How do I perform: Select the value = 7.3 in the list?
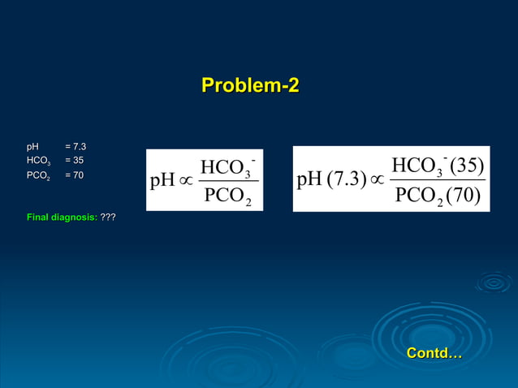coord(76,147)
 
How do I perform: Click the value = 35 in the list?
coord(74,161)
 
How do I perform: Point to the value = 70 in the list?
coord(74,175)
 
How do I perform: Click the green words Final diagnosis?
coord(62,218)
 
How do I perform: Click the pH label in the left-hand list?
coord(32,147)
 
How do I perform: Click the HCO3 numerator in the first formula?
coord(227,168)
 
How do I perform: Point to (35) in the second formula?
coord(466,166)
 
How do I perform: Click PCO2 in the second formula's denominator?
coord(417,196)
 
